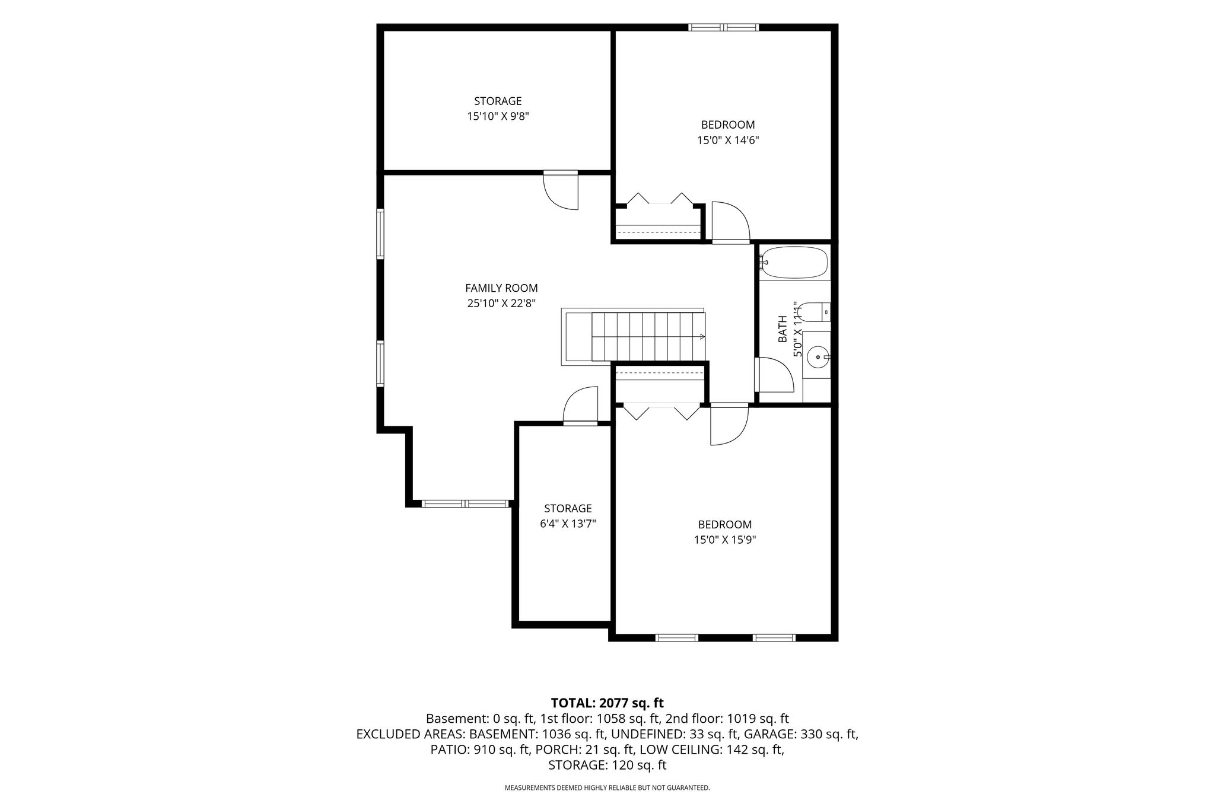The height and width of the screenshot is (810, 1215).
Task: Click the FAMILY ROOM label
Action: click(501, 288)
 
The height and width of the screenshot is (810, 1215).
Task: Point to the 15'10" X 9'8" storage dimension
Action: click(498, 117)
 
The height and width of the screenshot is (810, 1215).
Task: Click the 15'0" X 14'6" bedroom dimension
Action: click(728, 141)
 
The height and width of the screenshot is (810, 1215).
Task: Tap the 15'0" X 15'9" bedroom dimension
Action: click(724, 540)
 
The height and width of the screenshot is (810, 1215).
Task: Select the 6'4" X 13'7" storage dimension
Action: click(568, 524)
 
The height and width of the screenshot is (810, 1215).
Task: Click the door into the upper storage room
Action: click(561, 190)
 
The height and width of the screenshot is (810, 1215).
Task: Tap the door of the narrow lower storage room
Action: click(580, 406)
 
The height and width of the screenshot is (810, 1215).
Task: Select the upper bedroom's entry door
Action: click(731, 222)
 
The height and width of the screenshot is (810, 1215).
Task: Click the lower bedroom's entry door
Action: click(730, 424)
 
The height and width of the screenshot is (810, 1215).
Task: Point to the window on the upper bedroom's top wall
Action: click(724, 27)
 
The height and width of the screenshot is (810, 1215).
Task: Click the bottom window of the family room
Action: click(466, 504)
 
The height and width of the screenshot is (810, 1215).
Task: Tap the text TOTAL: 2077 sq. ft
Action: click(607, 703)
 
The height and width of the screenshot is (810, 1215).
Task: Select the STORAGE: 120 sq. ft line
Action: click(607, 765)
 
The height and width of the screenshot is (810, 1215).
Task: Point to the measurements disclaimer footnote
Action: click(607, 788)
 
